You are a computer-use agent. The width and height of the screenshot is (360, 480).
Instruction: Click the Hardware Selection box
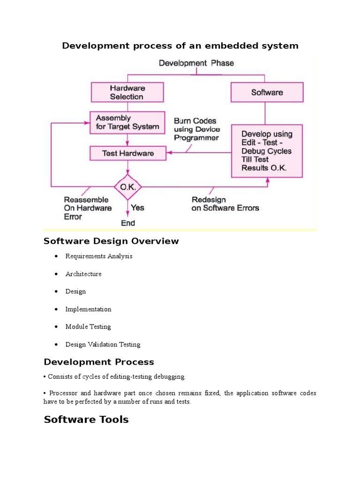[127, 92]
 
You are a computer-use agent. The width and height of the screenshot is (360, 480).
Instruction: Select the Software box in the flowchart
[267, 92]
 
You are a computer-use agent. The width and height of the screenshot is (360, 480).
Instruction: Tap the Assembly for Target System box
[127, 122]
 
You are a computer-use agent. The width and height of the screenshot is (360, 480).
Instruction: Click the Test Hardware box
[127, 153]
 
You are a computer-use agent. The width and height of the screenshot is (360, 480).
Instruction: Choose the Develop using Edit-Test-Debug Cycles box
[267, 150]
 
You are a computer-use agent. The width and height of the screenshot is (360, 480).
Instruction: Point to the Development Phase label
[196, 63]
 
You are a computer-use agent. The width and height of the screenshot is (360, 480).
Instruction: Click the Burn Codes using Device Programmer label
[196, 129]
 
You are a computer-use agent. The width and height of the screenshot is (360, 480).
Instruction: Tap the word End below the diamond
[128, 223]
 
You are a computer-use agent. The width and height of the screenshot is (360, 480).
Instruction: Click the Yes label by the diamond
[138, 207]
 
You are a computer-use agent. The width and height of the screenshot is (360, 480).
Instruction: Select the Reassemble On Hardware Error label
[88, 208]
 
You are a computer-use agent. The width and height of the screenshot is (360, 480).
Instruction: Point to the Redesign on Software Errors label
[225, 203]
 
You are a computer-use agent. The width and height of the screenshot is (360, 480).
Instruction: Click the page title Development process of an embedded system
[180, 45]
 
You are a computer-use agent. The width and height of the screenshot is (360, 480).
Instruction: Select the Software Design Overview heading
[111, 241]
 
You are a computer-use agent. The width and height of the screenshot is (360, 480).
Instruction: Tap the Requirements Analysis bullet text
[99, 256]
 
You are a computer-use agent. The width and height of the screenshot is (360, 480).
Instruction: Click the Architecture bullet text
[83, 274]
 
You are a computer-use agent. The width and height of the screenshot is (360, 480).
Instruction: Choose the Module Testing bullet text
[88, 327]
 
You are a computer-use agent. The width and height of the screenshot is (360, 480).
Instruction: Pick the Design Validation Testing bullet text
[103, 345]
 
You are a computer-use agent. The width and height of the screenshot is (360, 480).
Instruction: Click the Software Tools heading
[86, 419]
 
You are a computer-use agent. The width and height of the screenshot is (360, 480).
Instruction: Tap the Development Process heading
[99, 362]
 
